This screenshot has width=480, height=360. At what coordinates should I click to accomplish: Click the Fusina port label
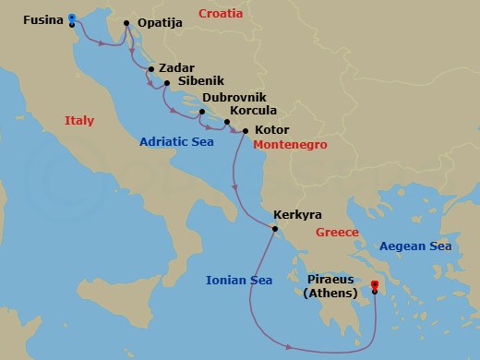[x=42, y=18]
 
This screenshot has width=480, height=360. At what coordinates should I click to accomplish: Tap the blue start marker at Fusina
[x=72, y=18]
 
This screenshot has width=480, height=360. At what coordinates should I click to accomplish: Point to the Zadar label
[x=177, y=67]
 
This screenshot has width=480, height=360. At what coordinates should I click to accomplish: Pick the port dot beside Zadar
[x=150, y=68]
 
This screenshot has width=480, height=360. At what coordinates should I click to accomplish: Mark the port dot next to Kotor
[x=245, y=131]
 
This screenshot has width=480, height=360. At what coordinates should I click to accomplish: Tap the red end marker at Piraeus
[x=374, y=284]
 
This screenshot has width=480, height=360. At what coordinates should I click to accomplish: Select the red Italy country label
[x=80, y=121]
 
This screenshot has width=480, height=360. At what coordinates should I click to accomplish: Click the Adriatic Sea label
[x=177, y=142]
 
